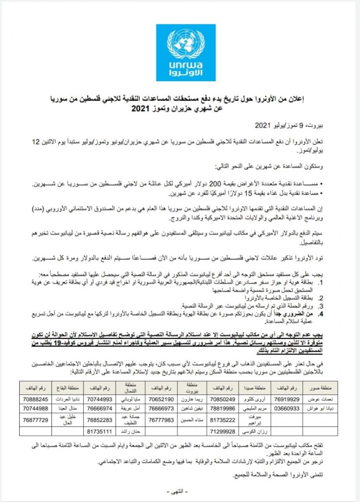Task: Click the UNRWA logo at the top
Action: [x=186, y=53]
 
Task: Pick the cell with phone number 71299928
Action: [x=223, y=430]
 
